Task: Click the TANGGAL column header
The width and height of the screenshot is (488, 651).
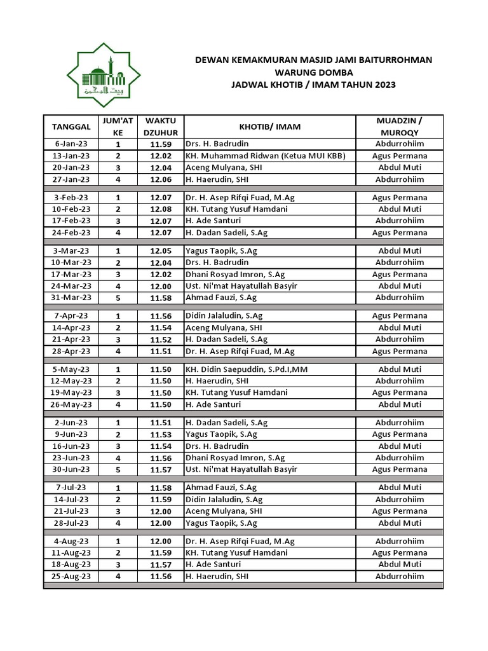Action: tap(71, 127)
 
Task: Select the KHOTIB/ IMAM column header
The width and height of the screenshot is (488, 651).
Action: tap(270, 127)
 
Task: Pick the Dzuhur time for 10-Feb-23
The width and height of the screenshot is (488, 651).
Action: tap(161, 209)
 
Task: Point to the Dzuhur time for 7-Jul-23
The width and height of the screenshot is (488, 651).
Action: tap(161, 488)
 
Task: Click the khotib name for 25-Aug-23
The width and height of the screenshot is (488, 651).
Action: tap(217, 576)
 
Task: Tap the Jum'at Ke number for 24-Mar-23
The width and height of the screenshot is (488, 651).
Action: tap(118, 286)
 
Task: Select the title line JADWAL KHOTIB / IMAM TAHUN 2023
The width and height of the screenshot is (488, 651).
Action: tap(313, 84)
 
